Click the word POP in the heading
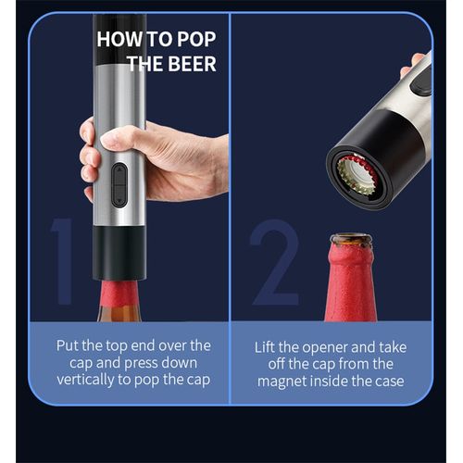196,39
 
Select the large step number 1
63,262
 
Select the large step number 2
275,262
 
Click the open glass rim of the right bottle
351,240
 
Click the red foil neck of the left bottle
119,293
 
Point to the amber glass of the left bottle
119,313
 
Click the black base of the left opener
119,253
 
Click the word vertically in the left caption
85,380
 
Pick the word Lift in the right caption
264,347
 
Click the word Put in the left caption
68,345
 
